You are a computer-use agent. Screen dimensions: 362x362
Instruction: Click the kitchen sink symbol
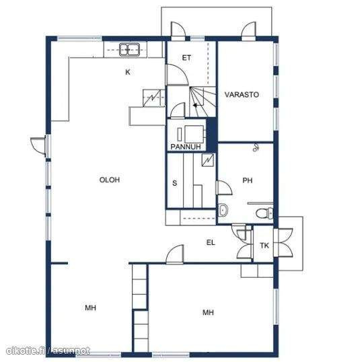pos(129,50)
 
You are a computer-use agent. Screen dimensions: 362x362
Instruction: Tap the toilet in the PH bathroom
pos(264,213)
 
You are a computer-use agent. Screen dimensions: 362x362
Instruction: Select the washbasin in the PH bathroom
pos(223,210)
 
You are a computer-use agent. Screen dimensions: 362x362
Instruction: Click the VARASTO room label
pos(242,94)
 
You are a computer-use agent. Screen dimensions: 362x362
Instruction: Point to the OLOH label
pos(110,180)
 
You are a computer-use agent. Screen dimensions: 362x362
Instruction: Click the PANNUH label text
pos(186,147)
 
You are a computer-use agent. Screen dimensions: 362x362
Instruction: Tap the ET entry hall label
pos(186,58)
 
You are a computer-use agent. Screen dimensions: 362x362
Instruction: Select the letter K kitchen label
pos(128,72)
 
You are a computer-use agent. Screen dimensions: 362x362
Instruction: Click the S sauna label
pos(175,183)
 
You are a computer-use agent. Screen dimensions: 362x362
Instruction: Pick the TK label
pos(264,246)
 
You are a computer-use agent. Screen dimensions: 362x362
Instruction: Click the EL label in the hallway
pos(211,242)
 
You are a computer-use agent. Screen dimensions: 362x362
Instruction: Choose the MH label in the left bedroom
pos(90,307)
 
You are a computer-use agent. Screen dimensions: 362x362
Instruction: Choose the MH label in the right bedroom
pos(208,313)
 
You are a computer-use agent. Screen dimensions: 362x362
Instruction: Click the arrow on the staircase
pos(195,106)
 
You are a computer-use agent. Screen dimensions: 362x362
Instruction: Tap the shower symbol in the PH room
pos(255,147)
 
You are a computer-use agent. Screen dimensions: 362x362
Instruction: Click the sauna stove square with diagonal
pos(208,160)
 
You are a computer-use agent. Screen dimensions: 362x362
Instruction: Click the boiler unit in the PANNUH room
pos(194,134)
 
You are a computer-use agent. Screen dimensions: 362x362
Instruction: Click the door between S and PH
pos(224,188)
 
